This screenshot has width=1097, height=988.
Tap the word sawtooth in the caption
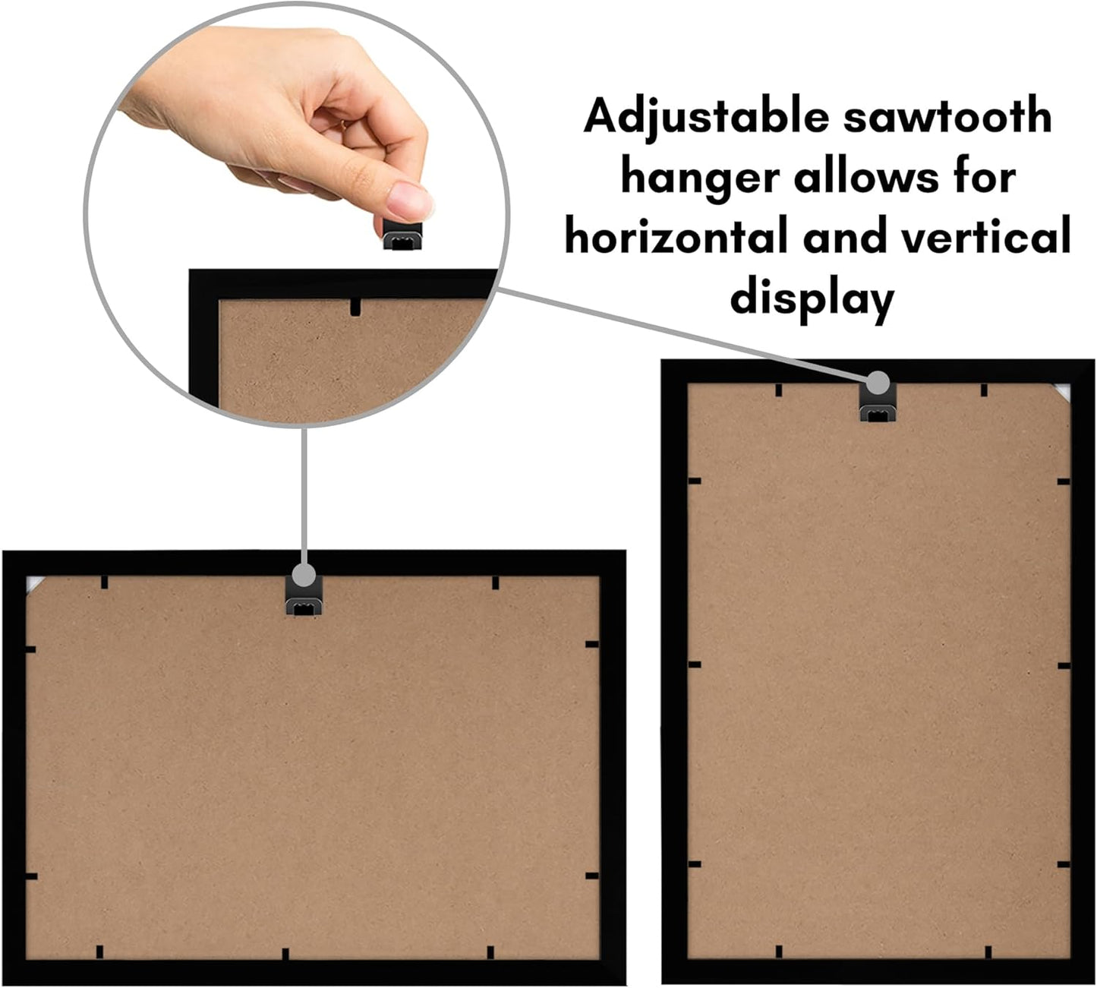948,116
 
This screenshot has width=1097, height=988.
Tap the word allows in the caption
866,177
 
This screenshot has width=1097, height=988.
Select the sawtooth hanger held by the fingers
402,235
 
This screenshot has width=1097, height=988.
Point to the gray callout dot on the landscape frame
304,575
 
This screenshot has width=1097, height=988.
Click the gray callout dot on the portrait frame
878,383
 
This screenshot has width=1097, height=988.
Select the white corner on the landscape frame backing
33,583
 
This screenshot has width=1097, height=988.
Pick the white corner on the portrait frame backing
1063,392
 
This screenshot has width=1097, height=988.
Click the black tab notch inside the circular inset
356,307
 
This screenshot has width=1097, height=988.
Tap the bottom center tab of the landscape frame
285,954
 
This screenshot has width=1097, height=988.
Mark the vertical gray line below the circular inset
304,495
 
